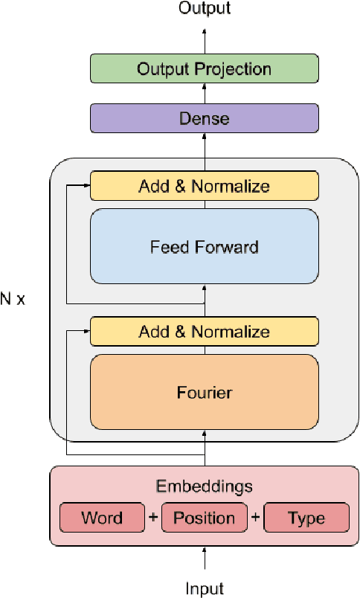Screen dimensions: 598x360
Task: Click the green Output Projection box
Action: click(x=204, y=69)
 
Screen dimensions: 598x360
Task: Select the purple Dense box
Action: click(x=204, y=118)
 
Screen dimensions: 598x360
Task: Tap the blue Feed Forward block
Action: click(x=204, y=245)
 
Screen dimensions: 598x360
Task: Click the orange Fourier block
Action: click(x=204, y=391)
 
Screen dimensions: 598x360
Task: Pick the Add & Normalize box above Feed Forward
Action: click(x=204, y=186)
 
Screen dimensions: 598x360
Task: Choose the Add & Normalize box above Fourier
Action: click(x=204, y=332)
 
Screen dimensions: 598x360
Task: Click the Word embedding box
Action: click(x=101, y=518)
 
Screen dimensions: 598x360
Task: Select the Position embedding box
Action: click(x=204, y=518)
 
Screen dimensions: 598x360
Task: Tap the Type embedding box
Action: click(x=306, y=518)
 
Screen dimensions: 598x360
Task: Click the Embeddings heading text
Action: click(x=204, y=486)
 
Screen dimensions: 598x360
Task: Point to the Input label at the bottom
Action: click(x=204, y=588)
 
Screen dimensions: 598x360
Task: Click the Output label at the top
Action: click(x=205, y=9)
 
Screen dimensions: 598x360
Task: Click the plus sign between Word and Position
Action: click(x=152, y=518)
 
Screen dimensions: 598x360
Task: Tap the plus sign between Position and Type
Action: click(x=255, y=518)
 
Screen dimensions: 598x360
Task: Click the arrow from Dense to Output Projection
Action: click(x=205, y=94)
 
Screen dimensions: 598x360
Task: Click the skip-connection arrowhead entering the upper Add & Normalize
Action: click(x=85, y=186)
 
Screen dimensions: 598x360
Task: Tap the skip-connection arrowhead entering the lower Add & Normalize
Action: click(x=85, y=332)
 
